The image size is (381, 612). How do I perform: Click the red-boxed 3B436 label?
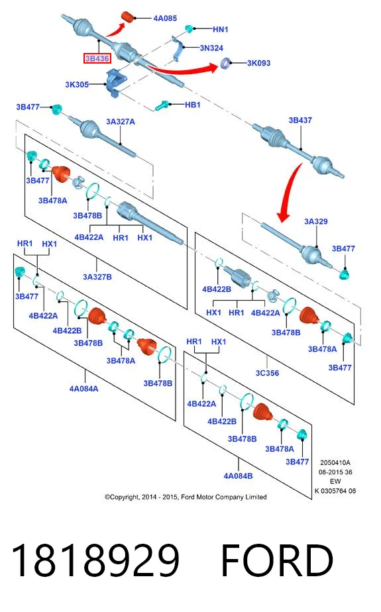[x=97, y=58]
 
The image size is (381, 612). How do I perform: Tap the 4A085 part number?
[x=165, y=19]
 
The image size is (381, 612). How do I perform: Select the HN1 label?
[x=220, y=29]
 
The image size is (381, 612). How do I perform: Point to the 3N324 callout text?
[x=211, y=48]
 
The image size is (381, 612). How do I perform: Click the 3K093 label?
[x=258, y=63]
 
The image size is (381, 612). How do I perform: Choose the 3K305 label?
[x=77, y=84]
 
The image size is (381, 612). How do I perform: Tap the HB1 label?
[x=192, y=105]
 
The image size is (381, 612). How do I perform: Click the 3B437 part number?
[x=300, y=121]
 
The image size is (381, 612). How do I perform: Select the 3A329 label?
[x=316, y=221]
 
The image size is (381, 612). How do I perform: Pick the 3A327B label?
[x=97, y=277]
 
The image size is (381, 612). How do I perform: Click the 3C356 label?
[x=268, y=373]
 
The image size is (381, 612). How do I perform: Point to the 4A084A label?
[x=84, y=389]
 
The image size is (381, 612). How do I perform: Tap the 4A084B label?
[x=238, y=476]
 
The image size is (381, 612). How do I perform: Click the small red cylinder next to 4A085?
[x=128, y=17]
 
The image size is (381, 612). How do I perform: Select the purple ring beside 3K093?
[x=225, y=63]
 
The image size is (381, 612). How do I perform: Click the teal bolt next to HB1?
[x=162, y=105]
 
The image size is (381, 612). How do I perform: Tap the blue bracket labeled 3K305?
[x=115, y=82]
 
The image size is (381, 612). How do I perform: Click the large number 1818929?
[x=95, y=560]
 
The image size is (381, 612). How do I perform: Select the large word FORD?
[x=277, y=560]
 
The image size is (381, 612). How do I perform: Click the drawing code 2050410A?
[x=335, y=462]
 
